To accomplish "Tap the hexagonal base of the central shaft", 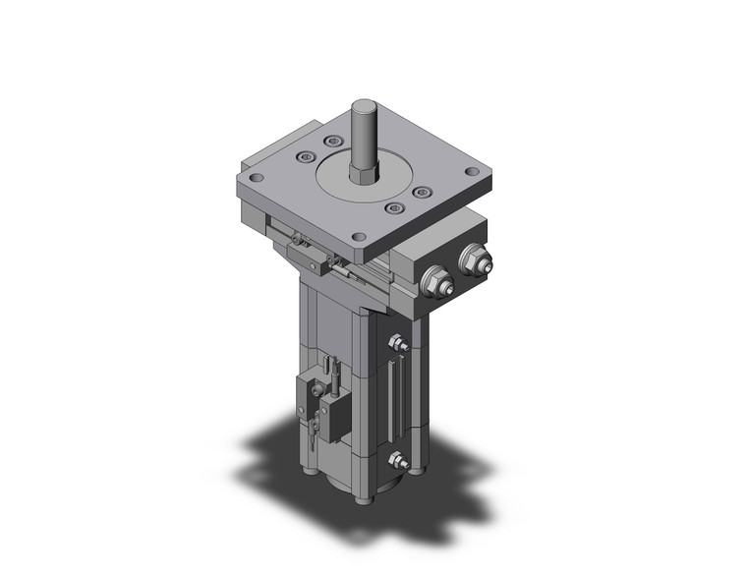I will click(364, 174).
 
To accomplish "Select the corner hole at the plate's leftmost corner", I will click(255, 179).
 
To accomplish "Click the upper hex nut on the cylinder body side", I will click(397, 344).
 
